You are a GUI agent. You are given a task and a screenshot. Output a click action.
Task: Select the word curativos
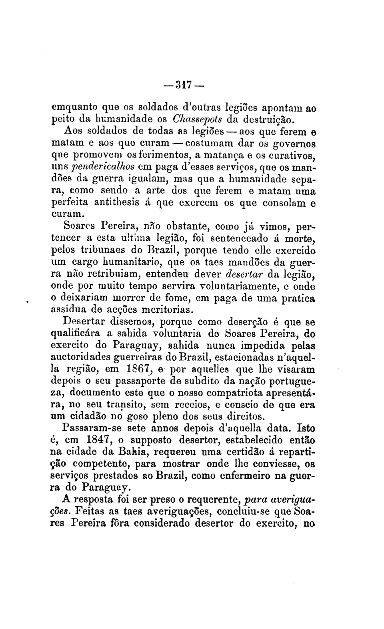(x=290, y=154)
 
